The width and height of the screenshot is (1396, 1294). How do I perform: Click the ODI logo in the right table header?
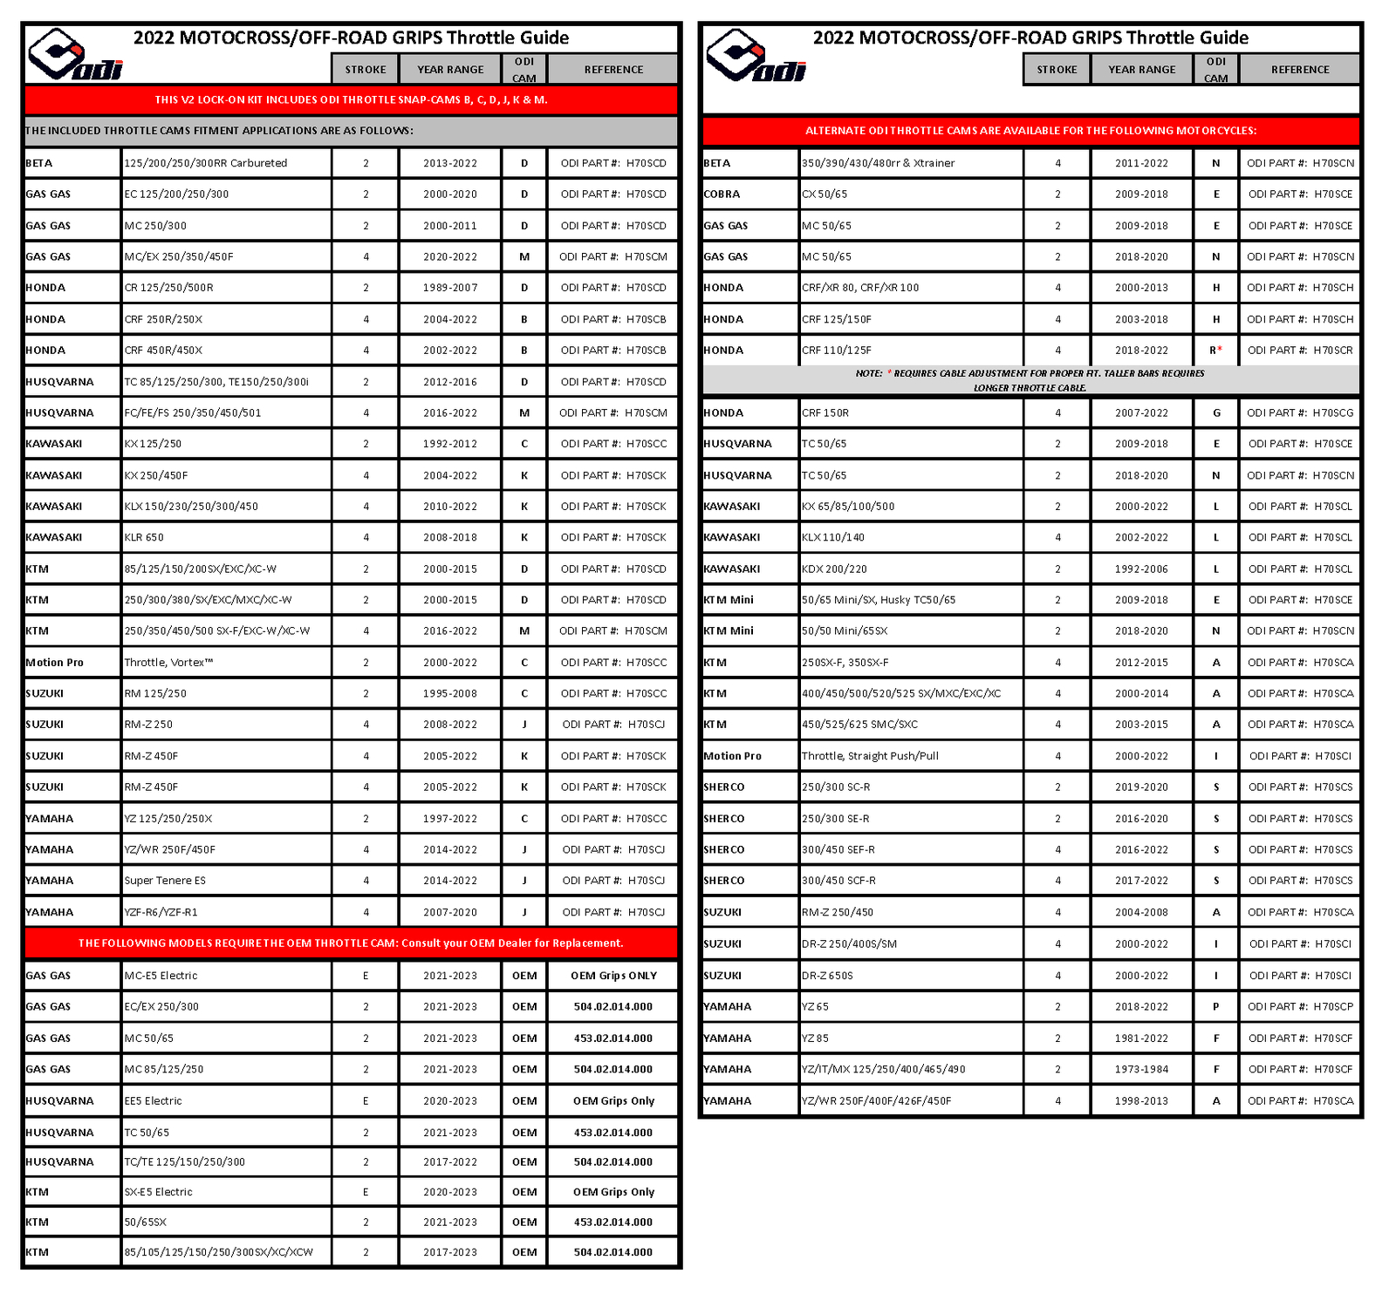(756, 57)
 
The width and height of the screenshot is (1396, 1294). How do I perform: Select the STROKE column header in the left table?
(366, 70)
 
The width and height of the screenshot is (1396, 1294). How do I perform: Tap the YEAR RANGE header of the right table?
(1141, 70)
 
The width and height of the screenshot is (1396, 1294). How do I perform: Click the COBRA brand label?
(722, 194)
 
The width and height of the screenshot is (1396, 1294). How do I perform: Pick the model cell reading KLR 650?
(144, 537)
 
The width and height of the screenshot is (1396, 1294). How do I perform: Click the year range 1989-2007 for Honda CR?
(450, 288)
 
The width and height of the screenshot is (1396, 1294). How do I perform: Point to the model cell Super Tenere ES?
(165, 881)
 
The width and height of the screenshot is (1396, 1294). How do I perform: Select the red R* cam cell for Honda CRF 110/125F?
(1215, 351)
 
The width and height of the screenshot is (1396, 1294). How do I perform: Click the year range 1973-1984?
(1141, 1069)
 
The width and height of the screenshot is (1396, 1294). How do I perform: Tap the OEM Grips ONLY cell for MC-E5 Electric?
(613, 976)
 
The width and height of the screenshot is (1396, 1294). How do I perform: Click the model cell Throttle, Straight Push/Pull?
(870, 756)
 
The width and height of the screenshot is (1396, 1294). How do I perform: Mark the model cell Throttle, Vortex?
(168, 663)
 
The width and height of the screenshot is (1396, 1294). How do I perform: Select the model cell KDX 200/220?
(834, 569)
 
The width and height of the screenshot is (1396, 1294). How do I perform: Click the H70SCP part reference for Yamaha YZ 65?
(1300, 1006)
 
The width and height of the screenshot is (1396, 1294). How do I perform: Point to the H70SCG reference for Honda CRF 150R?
(1300, 413)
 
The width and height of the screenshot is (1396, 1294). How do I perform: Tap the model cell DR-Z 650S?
(827, 976)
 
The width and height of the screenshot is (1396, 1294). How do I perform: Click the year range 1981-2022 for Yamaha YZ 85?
(1141, 1039)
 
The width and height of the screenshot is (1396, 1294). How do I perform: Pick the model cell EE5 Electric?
(153, 1101)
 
